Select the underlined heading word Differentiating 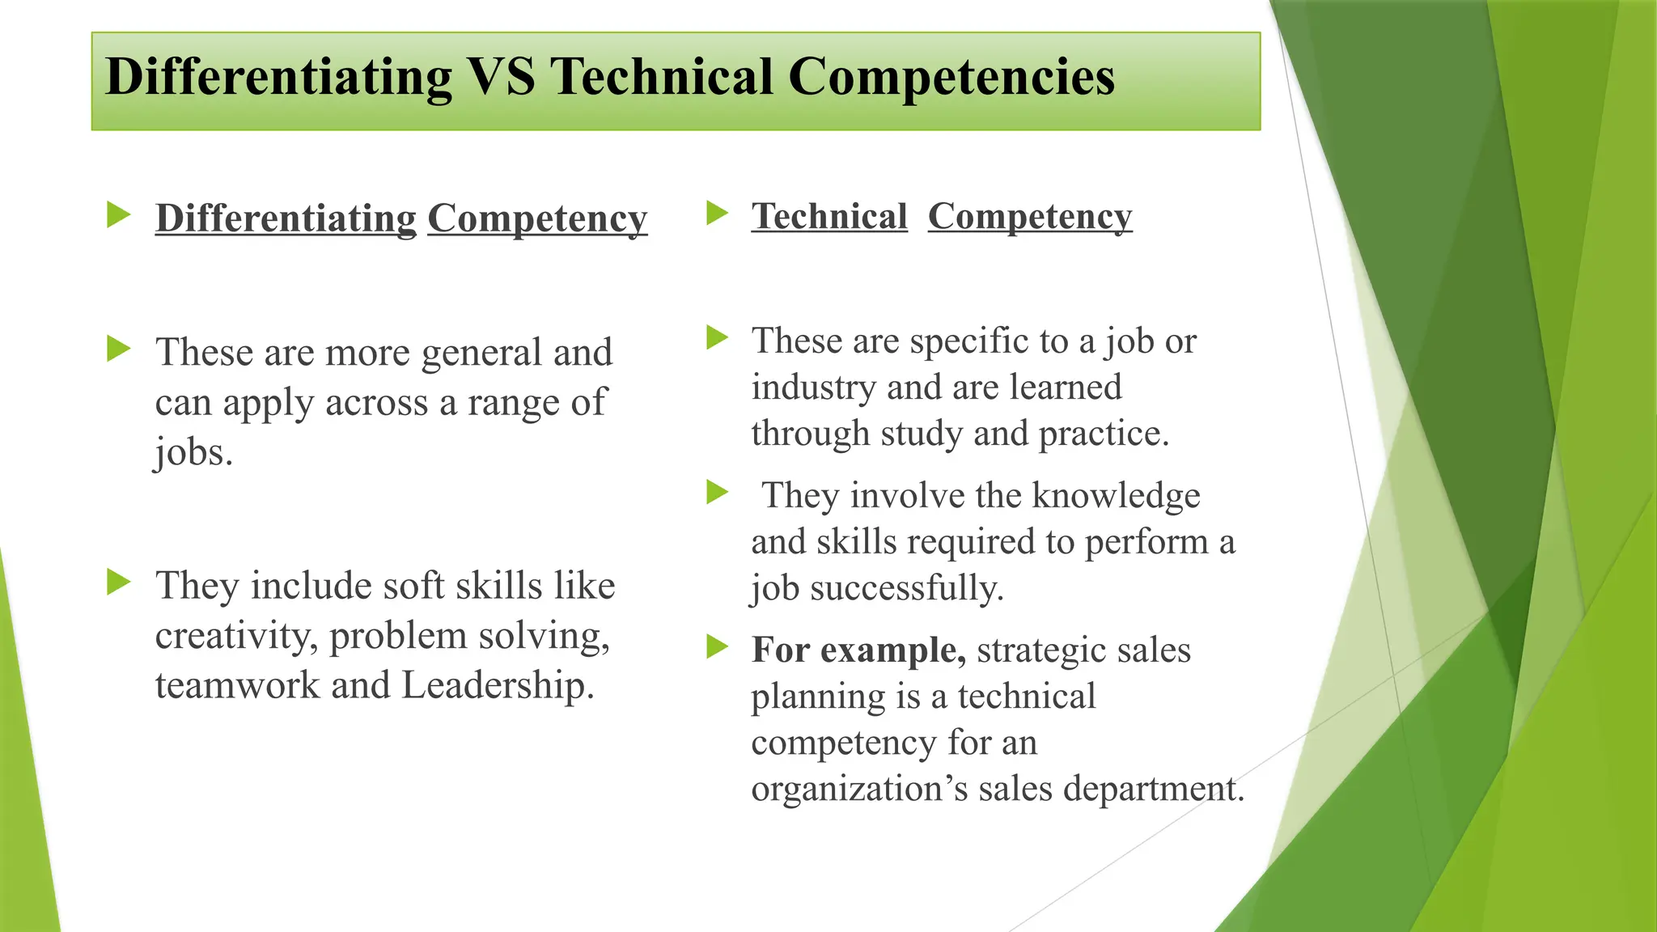(x=286, y=218)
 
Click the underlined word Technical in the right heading (x=828, y=217)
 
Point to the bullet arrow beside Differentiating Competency (x=118, y=215)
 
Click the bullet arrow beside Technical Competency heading (x=717, y=213)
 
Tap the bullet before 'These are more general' (x=118, y=349)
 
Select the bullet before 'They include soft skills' (x=118, y=582)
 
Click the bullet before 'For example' (x=717, y=646)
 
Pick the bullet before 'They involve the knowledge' (x=717, y=491)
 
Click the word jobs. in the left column (x=193, y=452)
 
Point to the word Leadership (x=498, y=685)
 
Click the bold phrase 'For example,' (x=858, y=650)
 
